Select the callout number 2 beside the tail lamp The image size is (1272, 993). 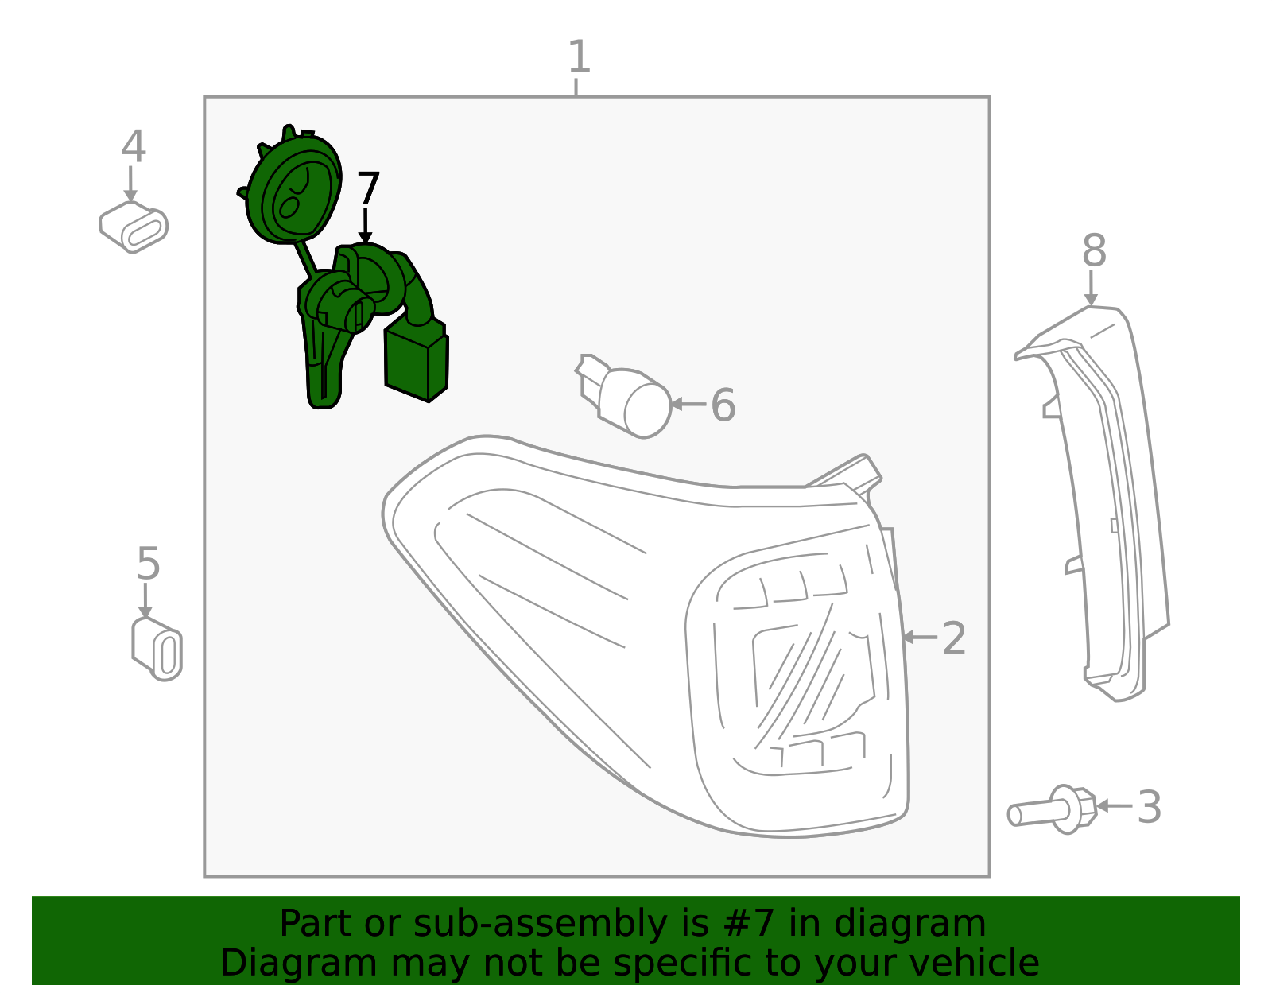click(x=953, y=638)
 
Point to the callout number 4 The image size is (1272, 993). click(x=134, y=145)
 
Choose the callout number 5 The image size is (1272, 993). click(x=148, y=564)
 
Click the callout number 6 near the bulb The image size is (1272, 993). click(x=723, y=405)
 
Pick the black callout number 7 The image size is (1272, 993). click(x=368, y=188)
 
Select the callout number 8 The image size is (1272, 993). click(x=1094, y=250)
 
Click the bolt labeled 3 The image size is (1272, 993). click(x=1052, y=810)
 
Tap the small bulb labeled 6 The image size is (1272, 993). click(x=624, y=396)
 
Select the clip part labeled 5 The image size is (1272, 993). click(x=157, y=649)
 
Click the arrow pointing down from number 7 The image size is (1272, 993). click(x=365, y=225)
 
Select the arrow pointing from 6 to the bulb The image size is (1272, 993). click(x=688, y=404)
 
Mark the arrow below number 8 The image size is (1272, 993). click(x=1091, y=288)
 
